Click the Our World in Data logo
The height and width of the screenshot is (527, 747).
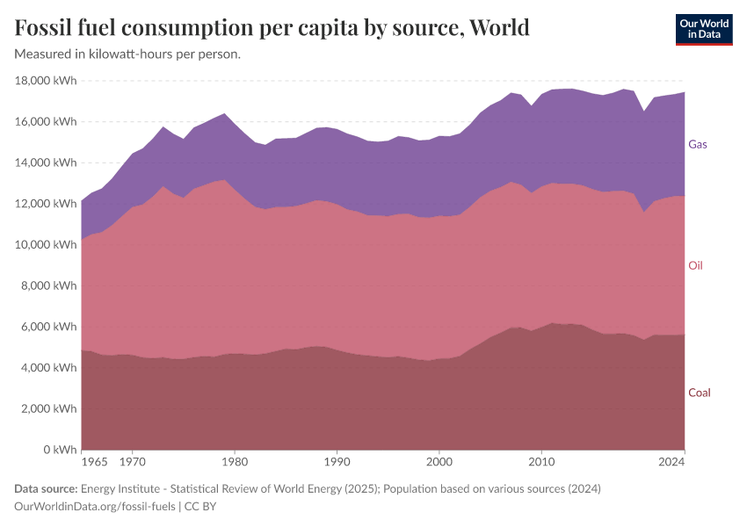(703, 29)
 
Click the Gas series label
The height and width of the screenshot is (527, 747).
(698, 144)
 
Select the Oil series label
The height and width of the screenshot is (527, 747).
(695, 265)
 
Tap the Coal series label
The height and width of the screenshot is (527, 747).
(699, 393)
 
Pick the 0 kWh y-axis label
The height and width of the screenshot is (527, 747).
(59, 450)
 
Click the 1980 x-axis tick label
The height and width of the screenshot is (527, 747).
(234, 461)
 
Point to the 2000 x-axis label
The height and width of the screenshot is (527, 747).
(439, 461)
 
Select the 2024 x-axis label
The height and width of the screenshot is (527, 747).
(671, 461)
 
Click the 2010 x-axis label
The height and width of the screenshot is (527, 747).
(541, 461)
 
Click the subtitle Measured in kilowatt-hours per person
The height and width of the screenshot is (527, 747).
(127, 54)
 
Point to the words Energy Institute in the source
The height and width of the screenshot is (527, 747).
(121, 488)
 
